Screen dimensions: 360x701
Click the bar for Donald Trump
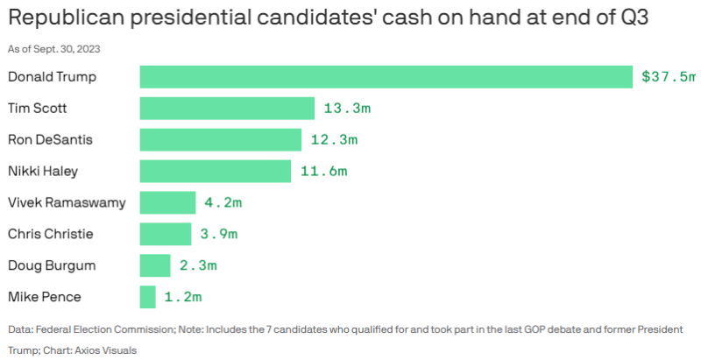[386, 77]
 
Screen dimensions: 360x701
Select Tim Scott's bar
[227, 109]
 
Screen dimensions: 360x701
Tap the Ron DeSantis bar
[221, 140]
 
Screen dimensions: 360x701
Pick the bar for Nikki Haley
[216, 172]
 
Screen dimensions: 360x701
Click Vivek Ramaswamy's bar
[167, 203]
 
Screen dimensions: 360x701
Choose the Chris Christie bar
[166, 234]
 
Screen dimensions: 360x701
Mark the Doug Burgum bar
[155, 265]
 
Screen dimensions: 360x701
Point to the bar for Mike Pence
[148, 297]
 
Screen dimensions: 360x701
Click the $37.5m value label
[667, 77]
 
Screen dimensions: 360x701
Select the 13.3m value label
[347, 109]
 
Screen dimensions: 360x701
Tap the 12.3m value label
[335, 140]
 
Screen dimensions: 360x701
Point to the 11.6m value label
[323, 172]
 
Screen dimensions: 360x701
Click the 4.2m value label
[223, 203]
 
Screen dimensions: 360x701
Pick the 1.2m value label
[182, 297]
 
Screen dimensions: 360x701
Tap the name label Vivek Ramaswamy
[67, 203]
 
